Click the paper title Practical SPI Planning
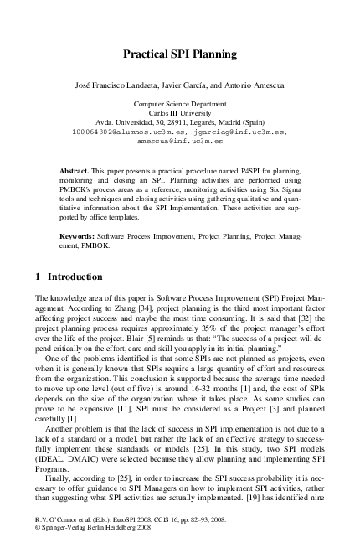click(x=180, y=54)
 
